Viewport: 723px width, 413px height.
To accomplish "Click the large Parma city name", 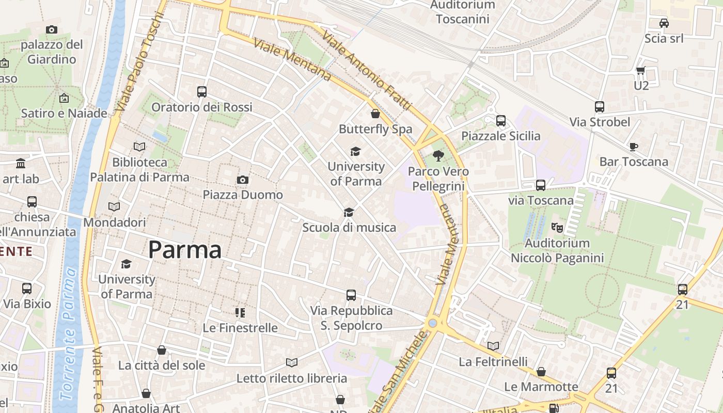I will coord(185,250).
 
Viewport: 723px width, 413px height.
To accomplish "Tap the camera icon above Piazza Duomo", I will coord(242,180).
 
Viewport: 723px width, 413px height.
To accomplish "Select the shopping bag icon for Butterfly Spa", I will coord(375,114).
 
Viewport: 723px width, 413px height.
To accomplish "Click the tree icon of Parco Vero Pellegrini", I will coord(438,155).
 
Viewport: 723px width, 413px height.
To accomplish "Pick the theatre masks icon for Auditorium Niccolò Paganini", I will coord(557,227).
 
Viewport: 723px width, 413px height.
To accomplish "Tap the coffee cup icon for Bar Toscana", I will coord(634,147).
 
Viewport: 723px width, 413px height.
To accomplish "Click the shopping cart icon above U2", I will coord(641,70).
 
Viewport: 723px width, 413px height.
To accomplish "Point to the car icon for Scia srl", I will coord(664,23).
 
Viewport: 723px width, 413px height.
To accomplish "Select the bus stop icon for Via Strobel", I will coord(600,107).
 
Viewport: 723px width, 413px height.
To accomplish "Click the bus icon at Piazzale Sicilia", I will coord(501,121).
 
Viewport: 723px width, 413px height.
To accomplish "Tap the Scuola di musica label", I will coord(349,227).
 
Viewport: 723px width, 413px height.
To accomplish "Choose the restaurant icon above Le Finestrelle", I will coord(240,312).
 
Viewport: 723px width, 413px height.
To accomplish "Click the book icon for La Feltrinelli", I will coord(493,346).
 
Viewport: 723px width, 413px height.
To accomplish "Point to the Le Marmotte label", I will coord(541,387).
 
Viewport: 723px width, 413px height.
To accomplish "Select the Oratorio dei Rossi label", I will coord(202,107).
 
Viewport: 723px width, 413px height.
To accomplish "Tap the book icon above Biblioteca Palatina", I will coord(139,147).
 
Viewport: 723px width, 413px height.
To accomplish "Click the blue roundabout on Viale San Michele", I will coord(433,323).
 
